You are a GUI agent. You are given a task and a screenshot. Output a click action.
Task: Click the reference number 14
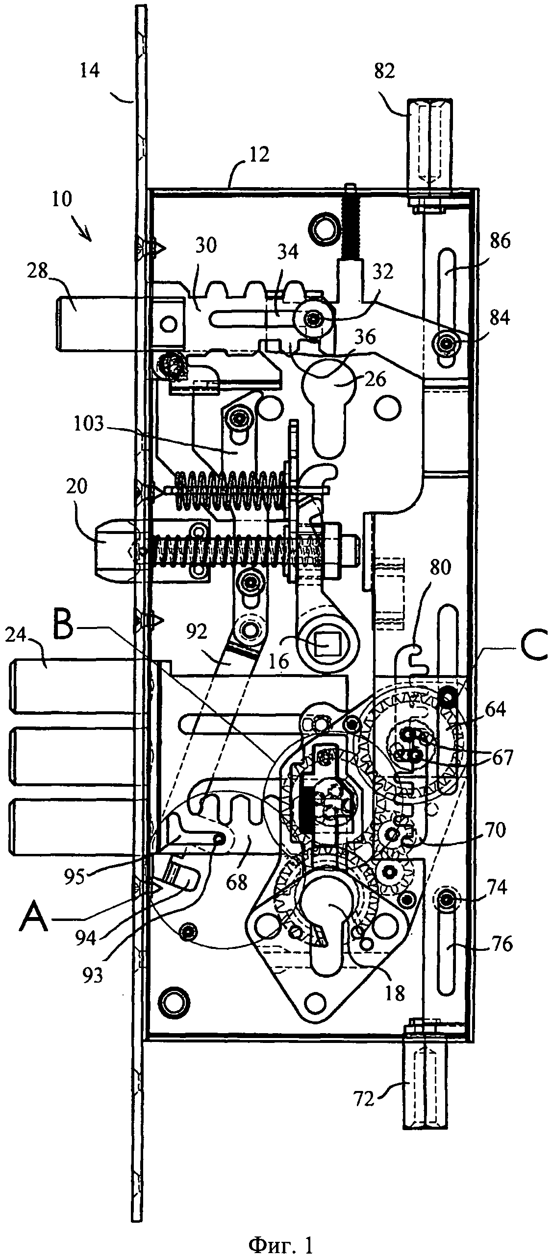89,71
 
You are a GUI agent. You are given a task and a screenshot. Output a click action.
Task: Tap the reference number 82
383,72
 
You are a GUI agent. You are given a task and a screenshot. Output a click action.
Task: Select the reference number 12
258,155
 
